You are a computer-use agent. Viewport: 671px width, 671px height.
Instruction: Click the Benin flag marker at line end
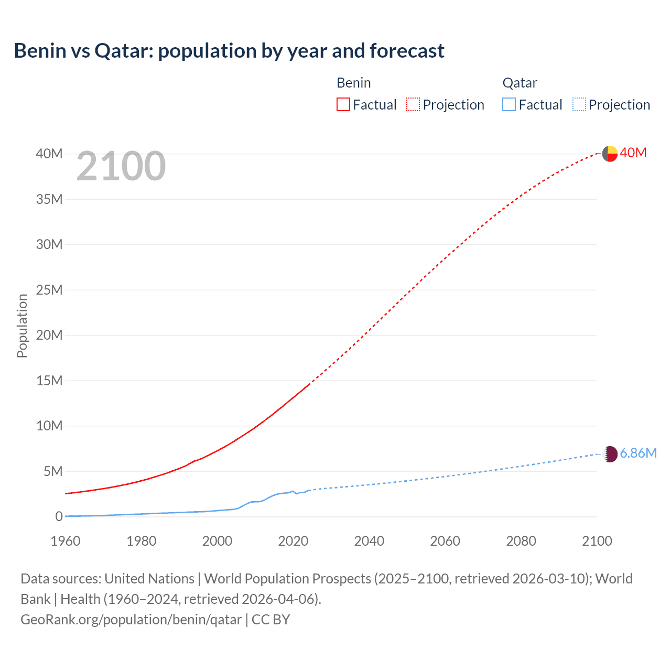[x=610, y=154]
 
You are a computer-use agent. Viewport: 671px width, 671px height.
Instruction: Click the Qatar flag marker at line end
[x=610, y=454]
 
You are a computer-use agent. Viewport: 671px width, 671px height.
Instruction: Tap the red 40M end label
[x=633, y=153]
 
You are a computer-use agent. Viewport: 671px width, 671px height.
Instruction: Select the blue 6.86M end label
[x=638, y=453]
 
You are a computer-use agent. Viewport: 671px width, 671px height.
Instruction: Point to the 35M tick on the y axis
[x=49, y=199]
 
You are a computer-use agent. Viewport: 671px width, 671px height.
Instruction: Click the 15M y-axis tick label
[x=49, y=381]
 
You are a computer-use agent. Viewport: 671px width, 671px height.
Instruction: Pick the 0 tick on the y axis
[x=59, y=516]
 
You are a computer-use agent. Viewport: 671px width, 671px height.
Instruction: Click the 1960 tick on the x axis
[x=66, y=541]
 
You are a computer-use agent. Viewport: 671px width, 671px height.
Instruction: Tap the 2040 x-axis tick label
[x=369, y=541]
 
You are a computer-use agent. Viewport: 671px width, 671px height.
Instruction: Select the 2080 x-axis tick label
[x=521, y=541]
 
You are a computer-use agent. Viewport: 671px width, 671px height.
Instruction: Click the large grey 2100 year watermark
[x=121, y=166]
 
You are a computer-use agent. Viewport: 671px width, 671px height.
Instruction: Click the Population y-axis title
[x=22, y=326]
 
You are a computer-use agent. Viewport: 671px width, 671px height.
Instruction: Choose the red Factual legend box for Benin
[x=343, y=104]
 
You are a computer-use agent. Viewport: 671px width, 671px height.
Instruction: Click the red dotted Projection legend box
[x=413, y=104]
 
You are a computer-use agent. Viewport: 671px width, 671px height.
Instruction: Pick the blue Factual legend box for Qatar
[x=509, y=104]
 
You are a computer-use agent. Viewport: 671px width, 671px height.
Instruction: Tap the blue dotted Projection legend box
[x=579, y=104]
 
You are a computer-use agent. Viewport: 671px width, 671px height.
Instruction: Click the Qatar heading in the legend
[x=520, y=83]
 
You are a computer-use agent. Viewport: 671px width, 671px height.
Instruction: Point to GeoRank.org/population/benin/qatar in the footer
[x=131, y=619]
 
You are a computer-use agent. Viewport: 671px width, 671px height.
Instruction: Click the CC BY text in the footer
[x=271, y=619]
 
